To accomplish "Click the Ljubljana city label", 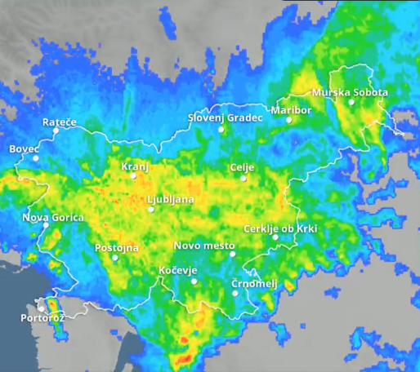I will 170,199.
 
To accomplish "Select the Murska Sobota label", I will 350,92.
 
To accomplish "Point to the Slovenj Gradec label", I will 226,117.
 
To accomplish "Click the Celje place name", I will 242,167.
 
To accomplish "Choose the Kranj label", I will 135,166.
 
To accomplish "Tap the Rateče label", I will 59,122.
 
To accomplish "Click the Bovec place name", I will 24,149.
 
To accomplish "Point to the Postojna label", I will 117,247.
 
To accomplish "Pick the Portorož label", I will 42,317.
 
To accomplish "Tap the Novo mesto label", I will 204,246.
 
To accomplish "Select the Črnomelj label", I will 254,283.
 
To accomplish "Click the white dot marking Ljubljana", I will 151,210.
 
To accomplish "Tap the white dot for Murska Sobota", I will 351,102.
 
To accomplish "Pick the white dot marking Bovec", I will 35,158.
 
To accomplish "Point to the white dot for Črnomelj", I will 236,292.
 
